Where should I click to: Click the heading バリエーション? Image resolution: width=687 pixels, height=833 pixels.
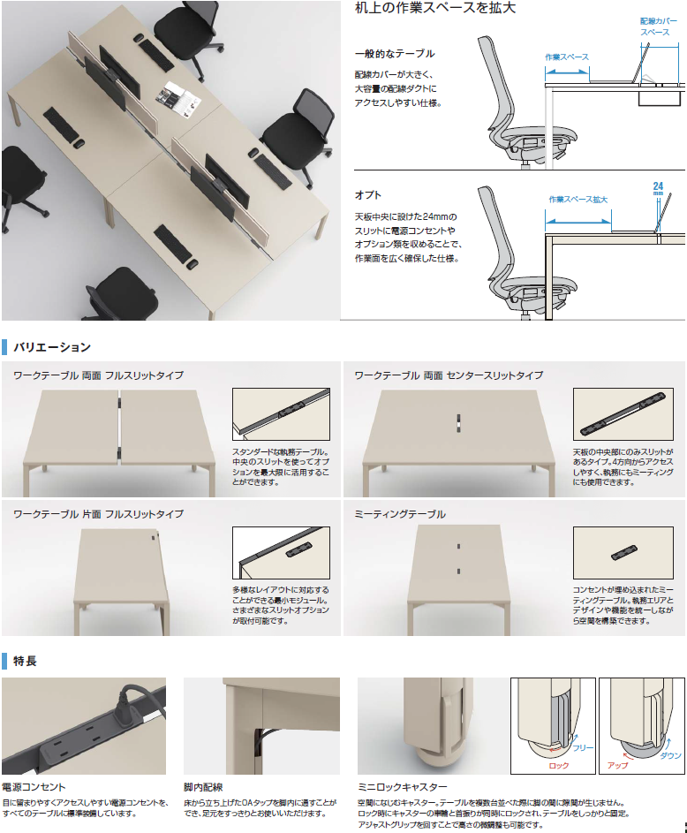(x=52, y=347)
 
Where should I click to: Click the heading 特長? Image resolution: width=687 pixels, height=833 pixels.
(x=25, y=661)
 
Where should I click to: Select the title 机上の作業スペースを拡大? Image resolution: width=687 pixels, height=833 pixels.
(x=434, y=7)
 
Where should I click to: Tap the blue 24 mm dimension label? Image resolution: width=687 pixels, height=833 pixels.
(x=659, y=187)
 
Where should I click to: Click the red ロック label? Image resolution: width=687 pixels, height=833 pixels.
(x=559, y=766)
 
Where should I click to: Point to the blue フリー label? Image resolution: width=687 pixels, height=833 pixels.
(x=583, y=748)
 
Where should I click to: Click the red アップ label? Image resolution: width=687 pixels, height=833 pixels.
(x=618, y=766)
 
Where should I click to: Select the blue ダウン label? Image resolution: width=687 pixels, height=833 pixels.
(x=670, y=755)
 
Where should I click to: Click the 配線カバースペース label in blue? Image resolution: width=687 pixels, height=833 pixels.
(x=659, y=27)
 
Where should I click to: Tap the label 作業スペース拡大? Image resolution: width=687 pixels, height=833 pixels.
(x=578, y=200)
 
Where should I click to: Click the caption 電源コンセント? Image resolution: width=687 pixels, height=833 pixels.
(x=34, y=787)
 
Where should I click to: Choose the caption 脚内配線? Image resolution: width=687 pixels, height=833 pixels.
(x=203, y=787)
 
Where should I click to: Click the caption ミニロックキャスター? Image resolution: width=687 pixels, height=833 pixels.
(x=403, y=787)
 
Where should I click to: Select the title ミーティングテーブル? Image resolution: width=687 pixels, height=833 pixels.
(x=400, y=514)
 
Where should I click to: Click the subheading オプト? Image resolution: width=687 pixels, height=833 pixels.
(x=368, y=195)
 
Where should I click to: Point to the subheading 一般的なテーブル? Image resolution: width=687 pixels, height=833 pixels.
(x=395, y=53)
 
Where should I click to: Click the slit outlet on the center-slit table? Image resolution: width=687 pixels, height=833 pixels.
(x=458, y=421)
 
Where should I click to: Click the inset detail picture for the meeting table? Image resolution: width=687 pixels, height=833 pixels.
(x=623, y=553)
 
